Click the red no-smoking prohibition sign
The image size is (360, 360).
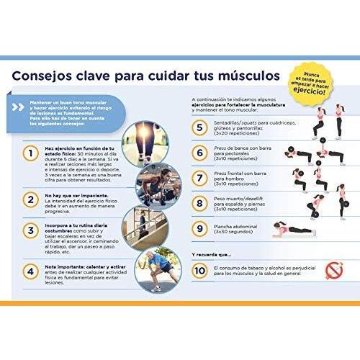[x=334, y=271]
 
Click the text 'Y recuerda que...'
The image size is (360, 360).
[x=212, y=253]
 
